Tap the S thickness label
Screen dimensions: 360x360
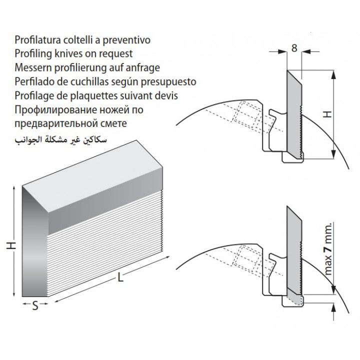[35, 306]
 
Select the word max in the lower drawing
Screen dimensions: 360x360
[328, 265]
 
